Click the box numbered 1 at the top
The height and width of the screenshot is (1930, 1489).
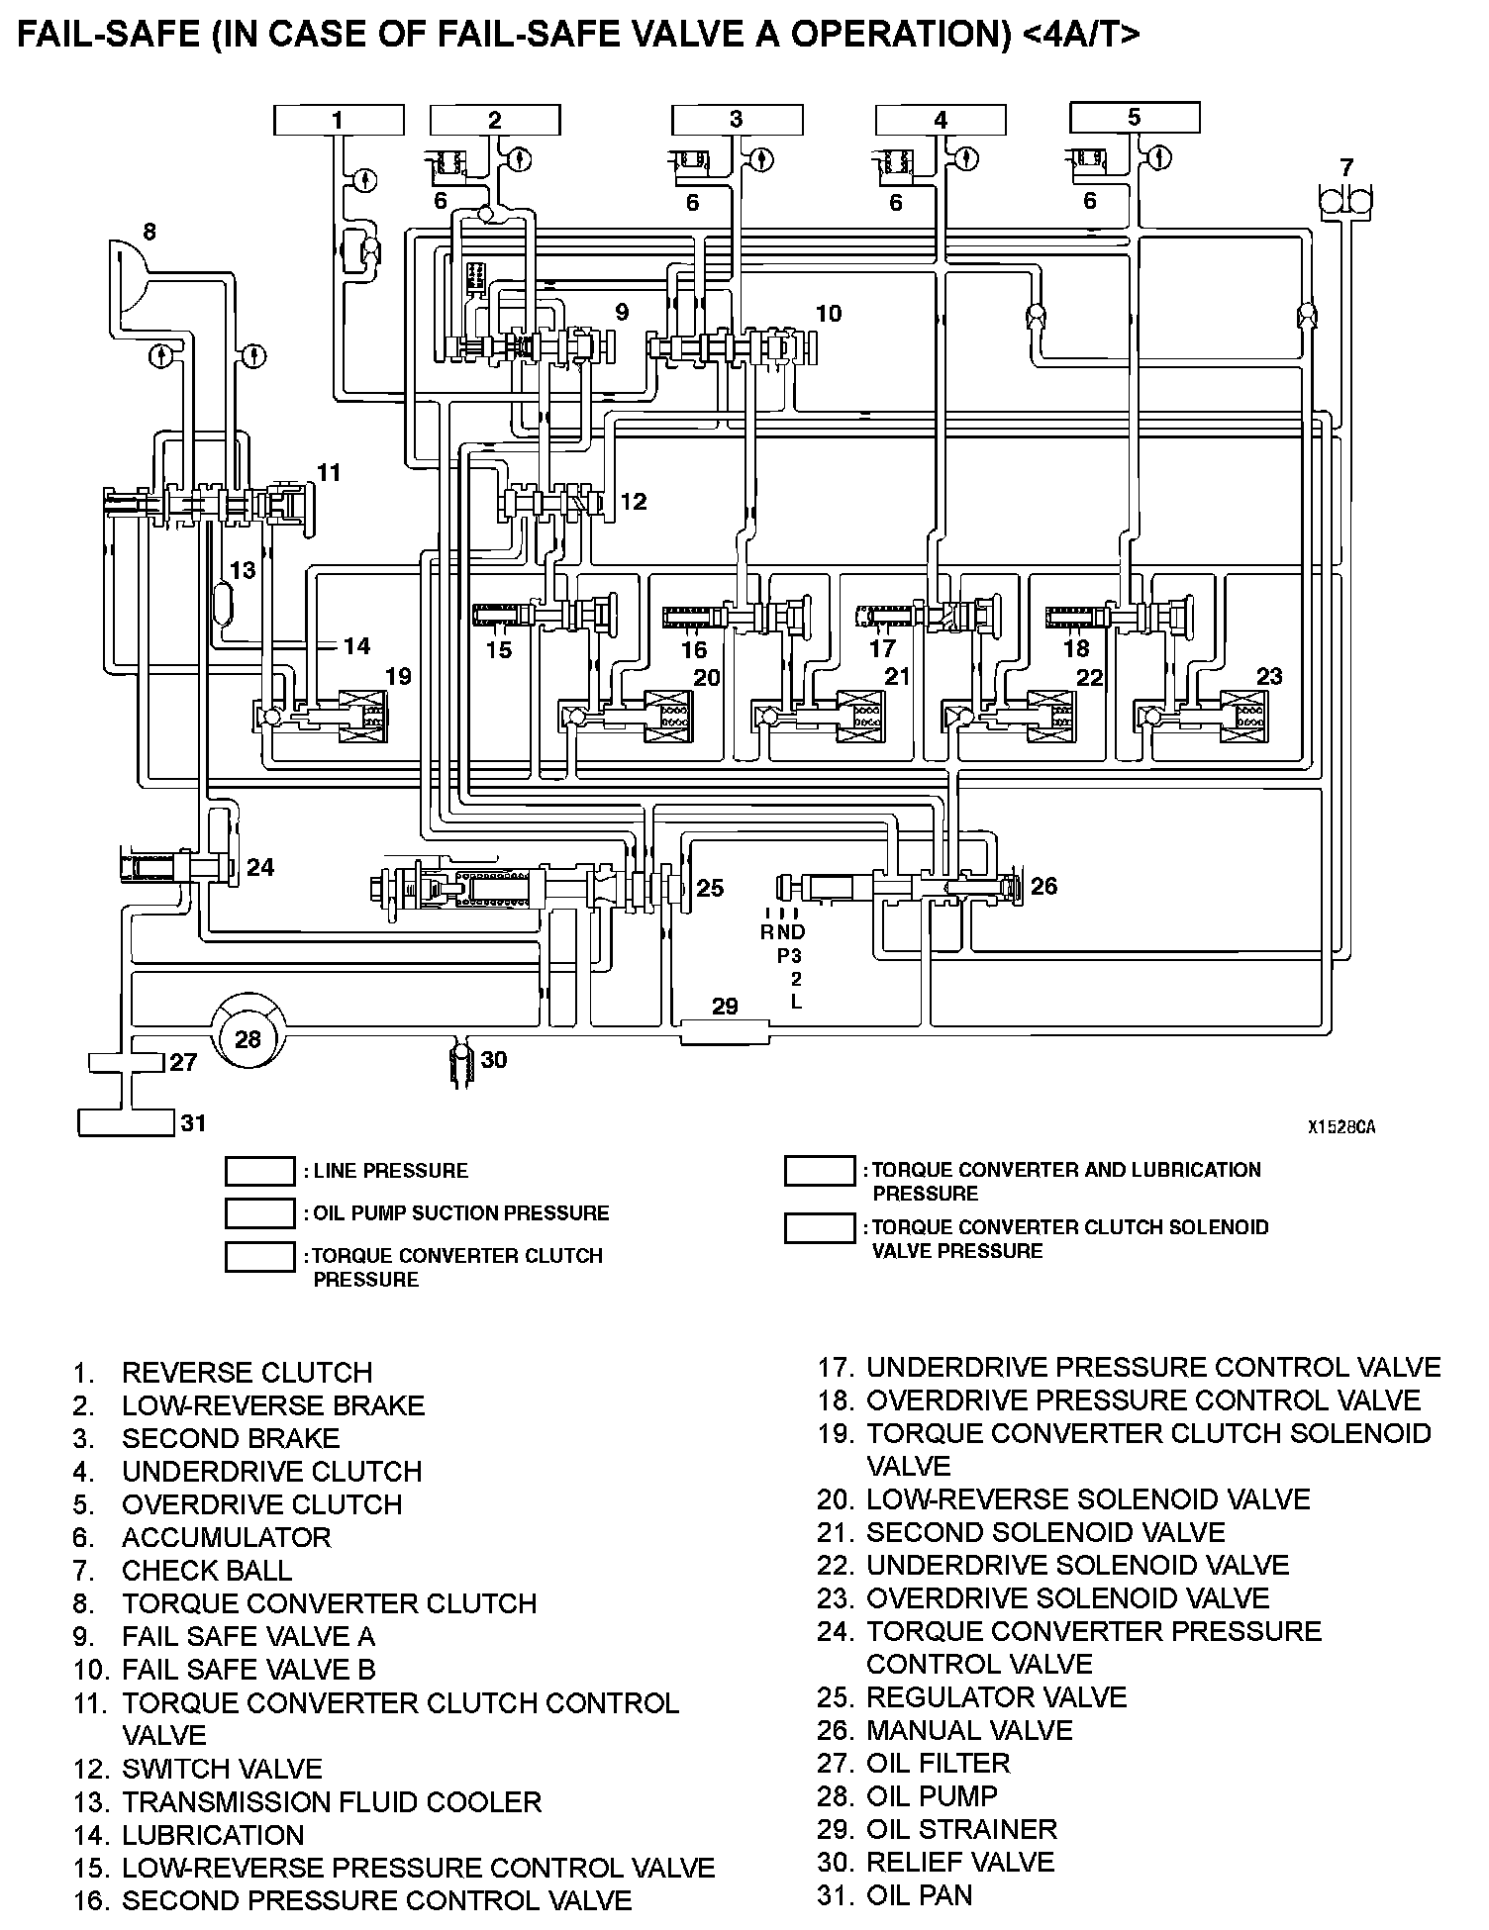338,121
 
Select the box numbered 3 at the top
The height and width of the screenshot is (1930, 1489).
737,120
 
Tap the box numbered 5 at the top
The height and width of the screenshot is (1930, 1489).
1135,118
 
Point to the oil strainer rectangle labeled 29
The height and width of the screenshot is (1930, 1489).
725,1032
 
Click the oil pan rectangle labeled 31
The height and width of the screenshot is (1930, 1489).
127,1122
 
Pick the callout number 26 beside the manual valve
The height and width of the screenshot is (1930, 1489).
1043,886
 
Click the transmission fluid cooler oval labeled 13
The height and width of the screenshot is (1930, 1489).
224,603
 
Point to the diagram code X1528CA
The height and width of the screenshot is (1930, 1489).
1341,1126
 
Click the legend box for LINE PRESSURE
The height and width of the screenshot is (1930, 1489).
259,1171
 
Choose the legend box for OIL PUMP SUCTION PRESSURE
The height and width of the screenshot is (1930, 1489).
259,1213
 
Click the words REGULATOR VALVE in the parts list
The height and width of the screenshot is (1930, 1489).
996,1697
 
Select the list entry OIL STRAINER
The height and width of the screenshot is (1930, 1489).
961,1829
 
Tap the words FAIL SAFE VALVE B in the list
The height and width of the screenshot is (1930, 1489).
248,1670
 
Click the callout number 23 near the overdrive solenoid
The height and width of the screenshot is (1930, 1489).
1268,676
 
